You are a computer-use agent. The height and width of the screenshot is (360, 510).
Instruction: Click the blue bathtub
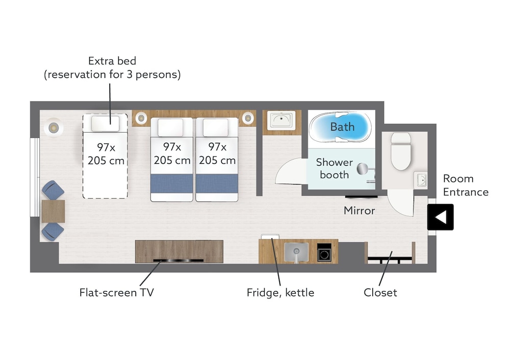pyautogui.click(x=341, y=127)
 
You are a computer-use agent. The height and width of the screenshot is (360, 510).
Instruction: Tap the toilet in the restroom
pyautogui.click(x=400, y=151)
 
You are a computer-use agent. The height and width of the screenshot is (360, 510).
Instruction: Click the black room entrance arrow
pyautogui.click(x=441, y=217)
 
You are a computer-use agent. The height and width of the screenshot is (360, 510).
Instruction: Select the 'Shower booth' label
pyautogui.click(x=334, y=169)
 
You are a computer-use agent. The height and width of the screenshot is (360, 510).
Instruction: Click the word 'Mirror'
pyautogui.click(x=359, y=210)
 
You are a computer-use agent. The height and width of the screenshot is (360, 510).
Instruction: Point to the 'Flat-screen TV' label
pyautogui.click(x=116, y=293)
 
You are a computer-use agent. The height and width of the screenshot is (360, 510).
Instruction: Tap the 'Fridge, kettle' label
pyautogui.click(x=280, y=293)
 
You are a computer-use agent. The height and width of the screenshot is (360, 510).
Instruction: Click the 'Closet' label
pyautogui.click(x=380, y=293)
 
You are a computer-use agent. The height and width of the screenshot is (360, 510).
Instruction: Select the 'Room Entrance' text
pyautogui.click(x=465, y=185)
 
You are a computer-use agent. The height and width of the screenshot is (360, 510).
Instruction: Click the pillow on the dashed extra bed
pyautogui.click(x=105, y=124)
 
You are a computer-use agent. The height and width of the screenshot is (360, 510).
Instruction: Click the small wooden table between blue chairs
pyautogui.click(x=53, y=211)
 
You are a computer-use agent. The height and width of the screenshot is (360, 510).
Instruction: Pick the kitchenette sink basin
pyautogui.click(x=296, y=251)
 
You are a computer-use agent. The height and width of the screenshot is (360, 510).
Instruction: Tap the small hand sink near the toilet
pyautogui.click(x=421, y=180)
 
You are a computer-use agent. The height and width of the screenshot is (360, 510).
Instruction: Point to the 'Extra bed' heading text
pyautogui.click(x=112, y=61)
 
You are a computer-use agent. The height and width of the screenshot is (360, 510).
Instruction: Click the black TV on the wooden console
pyautogui.click(x=178, y=261)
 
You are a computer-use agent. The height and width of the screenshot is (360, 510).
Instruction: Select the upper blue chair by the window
pyautogui.click(x=53, y=191)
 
